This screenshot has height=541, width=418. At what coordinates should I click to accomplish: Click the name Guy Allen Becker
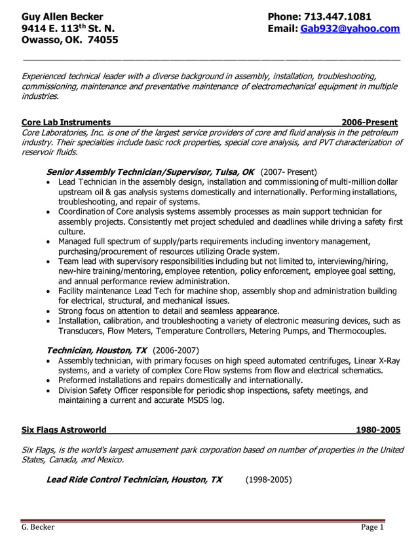(x=62, y=16)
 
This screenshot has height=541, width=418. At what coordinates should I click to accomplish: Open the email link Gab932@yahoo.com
(x=349, y=29)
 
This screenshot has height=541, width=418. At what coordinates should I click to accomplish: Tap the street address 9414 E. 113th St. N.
(x=68, y=29)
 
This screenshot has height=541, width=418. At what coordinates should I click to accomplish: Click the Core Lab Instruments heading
(x=66, y=122)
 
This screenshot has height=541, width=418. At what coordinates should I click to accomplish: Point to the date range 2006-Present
(x=370, y=122)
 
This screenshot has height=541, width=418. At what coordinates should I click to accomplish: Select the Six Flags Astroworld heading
(x=64, y=430)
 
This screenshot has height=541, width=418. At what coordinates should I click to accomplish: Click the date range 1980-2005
(x=377, y=430)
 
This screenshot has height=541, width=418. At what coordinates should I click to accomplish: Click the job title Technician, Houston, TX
(x=96, y=350)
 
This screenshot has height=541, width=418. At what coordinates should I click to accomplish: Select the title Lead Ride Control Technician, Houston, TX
(x=134, y=479)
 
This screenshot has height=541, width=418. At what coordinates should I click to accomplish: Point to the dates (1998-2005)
(x=269, y=479)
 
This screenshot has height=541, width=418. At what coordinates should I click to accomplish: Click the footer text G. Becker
(x=38, y=527)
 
